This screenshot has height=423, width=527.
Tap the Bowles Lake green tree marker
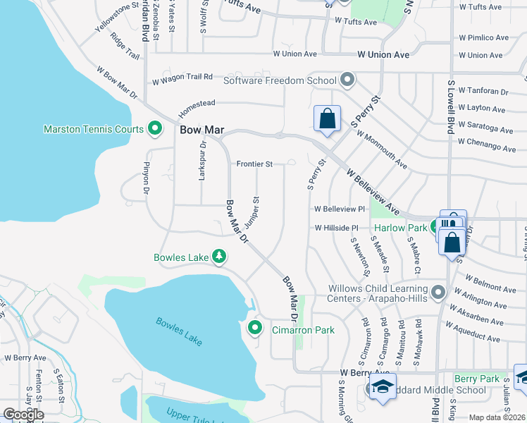219,257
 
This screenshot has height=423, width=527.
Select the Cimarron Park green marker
255,328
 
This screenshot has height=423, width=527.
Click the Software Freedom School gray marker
347,80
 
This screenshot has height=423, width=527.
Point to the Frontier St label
254,164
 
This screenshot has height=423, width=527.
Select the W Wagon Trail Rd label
182,80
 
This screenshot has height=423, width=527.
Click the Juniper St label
252,213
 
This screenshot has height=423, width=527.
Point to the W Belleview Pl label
340,209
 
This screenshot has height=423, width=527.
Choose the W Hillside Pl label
337,228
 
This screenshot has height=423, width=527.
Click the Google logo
23,414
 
